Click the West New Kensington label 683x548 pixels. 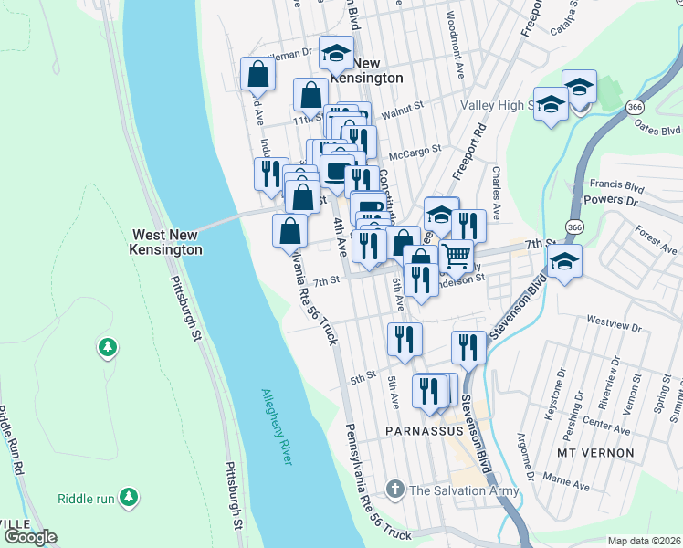(167, 241)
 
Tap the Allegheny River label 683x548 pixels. (276, 427)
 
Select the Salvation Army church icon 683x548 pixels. (394, 490)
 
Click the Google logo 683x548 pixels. (30, 537)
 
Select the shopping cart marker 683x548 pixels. (456, 256)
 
